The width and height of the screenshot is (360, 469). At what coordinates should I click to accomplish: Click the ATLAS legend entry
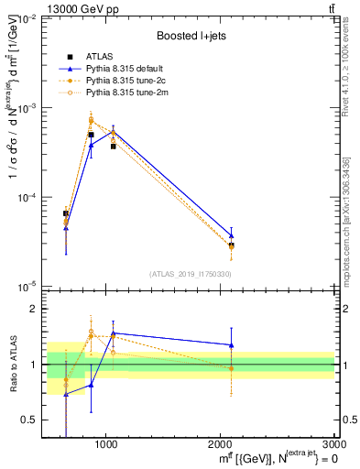pyautogui.click(x=99, y=58)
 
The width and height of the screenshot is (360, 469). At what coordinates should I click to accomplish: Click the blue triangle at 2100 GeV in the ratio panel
pyautogui.click(x=231, y=345)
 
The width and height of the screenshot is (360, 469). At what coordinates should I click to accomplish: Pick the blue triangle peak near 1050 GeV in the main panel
pyautogui.click(x=113, y=132)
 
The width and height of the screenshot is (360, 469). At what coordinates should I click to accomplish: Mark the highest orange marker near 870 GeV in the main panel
pyautogui.click(x=91, y=120)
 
